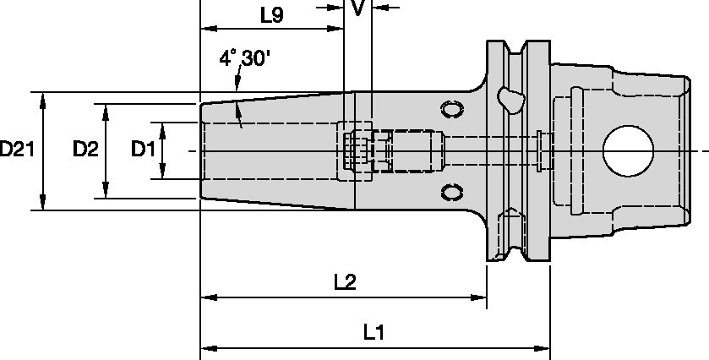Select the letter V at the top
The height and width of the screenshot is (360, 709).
(x=358, y=8)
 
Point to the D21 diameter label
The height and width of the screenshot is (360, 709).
(x=17, y=150)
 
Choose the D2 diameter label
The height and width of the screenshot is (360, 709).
(x=85, y=150)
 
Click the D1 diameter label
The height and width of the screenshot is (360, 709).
(x=142, y=150)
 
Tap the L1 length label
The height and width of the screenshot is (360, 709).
(x=374, y=333)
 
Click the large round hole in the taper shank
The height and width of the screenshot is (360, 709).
(x=628, y=151)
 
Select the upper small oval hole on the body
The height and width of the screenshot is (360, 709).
(x=452, y=110)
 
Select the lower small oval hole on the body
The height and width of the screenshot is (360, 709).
(x=452, y=192)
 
